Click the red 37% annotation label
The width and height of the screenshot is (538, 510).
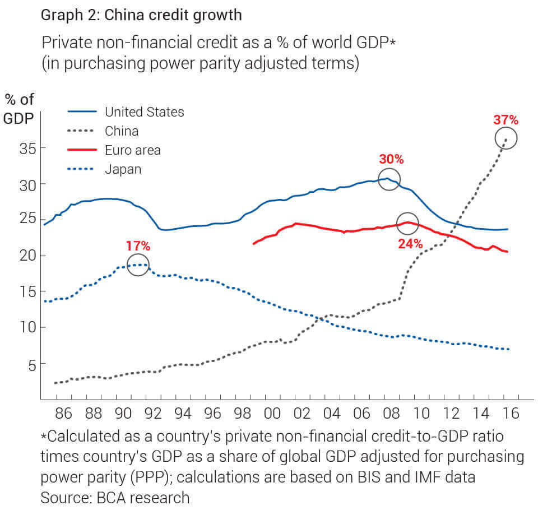(x=505, y=120)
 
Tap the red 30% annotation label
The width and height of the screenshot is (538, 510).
(x=391, y=159)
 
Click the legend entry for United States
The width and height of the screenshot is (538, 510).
(x=144, y=112)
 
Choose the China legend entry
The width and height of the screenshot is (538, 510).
(x=122, y=131)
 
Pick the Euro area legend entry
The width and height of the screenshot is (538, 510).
(x=133, y=150)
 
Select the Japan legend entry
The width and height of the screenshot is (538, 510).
(x=123, y=169)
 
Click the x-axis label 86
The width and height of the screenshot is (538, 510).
(x=64, y=414)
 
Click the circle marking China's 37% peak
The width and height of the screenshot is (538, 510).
(x=506, y=138)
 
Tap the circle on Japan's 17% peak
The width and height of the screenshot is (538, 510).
(x=138, y=265)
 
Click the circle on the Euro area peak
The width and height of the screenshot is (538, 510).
(x=407, y=224)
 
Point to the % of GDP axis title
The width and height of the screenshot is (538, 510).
(x=20, y=109)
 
